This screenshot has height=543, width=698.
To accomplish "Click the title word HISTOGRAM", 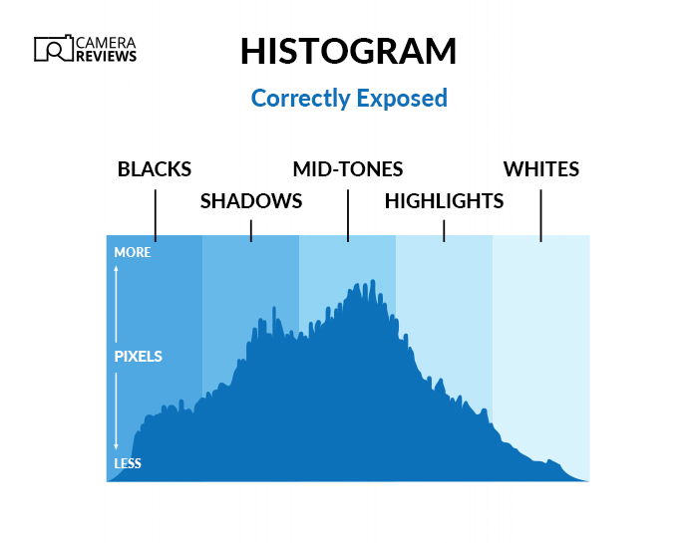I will pyautogui.click(x=348, y=51).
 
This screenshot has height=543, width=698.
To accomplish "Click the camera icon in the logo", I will pyautogui.click(x=53, y=49).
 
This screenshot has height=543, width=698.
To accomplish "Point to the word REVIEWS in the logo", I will pyautogui.click(x=107, y=57).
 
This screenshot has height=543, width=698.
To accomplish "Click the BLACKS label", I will pyautogui.click(x=155, y=168).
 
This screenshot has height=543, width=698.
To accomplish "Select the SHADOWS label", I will pyautogui.click(x=251, y=201).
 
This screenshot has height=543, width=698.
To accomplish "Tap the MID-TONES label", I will pyautogui.click(x=348, y=168).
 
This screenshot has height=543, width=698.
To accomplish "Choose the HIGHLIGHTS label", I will pyautogui.click(x=444, y=201).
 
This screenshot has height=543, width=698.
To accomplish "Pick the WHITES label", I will pyautogui.click(x=541, y=168).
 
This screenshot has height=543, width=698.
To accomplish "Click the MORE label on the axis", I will pyautogui.click(x=133, y=253).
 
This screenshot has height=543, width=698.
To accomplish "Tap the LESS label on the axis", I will pyautogui.click(x=128, y=463).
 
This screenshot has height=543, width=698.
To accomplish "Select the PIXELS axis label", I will pyautogui.click(x=138, y=356).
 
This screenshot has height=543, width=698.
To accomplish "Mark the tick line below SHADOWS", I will pyautogui.click(x=251, y=230).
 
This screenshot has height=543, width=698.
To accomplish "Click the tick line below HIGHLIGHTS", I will pyautogui.click(x=445, y=230).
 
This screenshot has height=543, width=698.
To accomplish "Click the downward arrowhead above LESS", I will pyautogui.click(x=117, y=447).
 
